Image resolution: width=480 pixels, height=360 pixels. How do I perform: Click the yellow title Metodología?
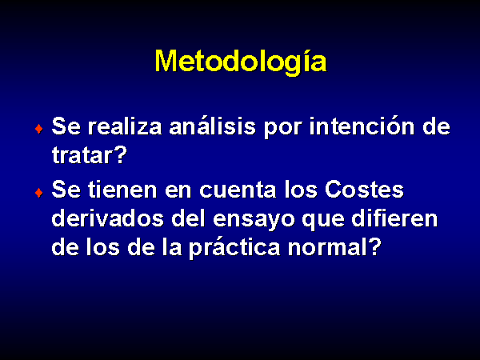pos(241,62)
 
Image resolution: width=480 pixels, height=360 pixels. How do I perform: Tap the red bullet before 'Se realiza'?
pos(39,129)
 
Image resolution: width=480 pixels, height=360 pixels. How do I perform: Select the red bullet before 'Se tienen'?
pos(39,193)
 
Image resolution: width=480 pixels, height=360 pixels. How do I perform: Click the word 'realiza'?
pos(125,126)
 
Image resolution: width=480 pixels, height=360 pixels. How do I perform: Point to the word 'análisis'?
pos(213,126)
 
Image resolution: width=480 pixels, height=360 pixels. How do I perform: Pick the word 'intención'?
pos(362,126)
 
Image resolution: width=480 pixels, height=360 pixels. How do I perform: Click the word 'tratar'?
pos(81,155)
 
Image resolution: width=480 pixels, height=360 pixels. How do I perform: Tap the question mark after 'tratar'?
pos(120,154)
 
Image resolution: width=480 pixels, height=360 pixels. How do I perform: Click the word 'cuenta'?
pos(238,190)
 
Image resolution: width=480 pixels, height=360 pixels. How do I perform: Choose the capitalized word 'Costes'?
pos(364,190)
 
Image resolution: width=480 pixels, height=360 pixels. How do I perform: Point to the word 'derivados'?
pos(108,218)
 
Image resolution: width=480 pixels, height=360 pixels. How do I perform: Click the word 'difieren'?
pos(394,218)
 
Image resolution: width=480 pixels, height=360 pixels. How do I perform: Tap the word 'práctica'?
pos(234,247)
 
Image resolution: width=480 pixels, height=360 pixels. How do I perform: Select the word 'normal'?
pos(327,246)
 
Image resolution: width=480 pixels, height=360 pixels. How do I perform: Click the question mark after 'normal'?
pos(374,246)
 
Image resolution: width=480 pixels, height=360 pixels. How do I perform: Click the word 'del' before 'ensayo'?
pos(189,218)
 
